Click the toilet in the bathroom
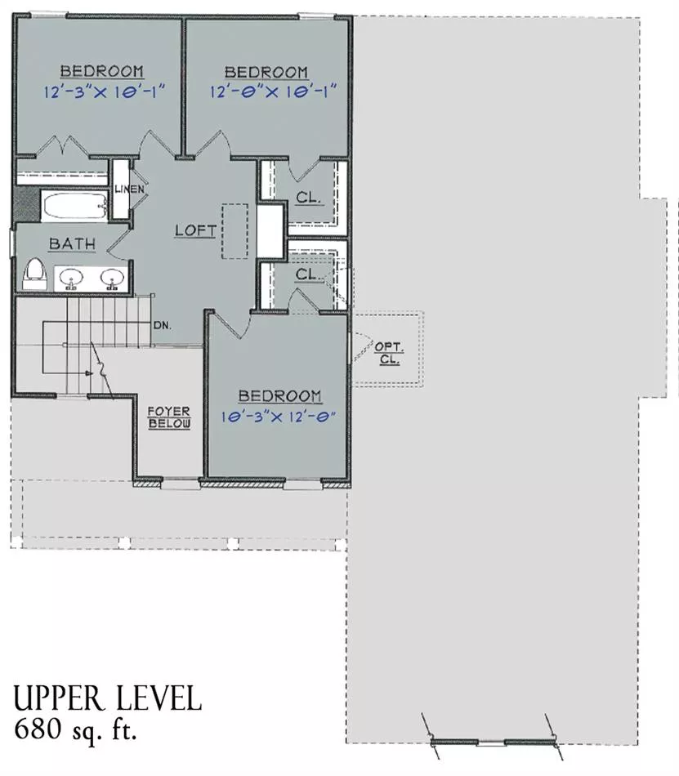coord(34,274)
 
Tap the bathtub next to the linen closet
coord(74,207)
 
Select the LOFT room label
coord(195,230)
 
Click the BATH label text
coord(72,243)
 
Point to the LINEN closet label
coord(129,189)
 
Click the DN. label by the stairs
coord(163,326)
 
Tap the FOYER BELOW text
coord(169,417)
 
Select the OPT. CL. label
coord(389,353)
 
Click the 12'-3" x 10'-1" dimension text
coord(104,92)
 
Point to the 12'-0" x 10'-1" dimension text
coord(273,92)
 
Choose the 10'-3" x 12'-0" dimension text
coord(278,417)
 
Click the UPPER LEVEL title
coord(107,698)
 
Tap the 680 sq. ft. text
coord(75,729)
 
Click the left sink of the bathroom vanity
coord(71,279)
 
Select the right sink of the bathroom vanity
coord(113,279)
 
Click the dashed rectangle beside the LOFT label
coord(235,231)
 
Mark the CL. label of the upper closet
coord(309,198)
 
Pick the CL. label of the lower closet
coord(307,274)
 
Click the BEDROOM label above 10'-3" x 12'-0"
coord(279,396)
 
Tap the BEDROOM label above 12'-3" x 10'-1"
coord(102,71)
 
